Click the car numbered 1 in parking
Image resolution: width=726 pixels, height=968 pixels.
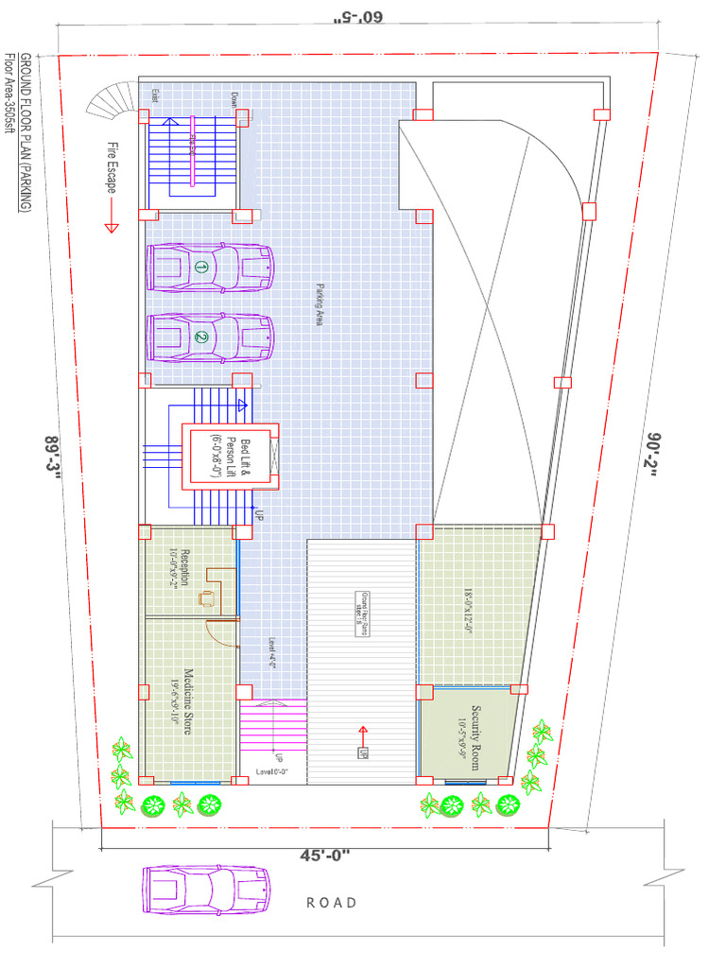pyautogui.click(x=210, y=268)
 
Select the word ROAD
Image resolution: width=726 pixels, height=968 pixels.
pyautogui.click(x=332, y=903)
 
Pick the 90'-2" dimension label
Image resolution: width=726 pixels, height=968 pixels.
pyautogui.click(x=654, y=457)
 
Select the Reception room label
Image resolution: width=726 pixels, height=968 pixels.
pyautogui.click(x=180, y=567)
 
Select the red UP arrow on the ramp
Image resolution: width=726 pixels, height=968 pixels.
pyautogui.click(x=362, y=730)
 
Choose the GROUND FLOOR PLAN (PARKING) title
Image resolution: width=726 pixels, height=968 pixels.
pyautogui.click(x=26, y=132)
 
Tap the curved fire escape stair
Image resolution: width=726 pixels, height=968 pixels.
pyautogui.click(x=112, y=100)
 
